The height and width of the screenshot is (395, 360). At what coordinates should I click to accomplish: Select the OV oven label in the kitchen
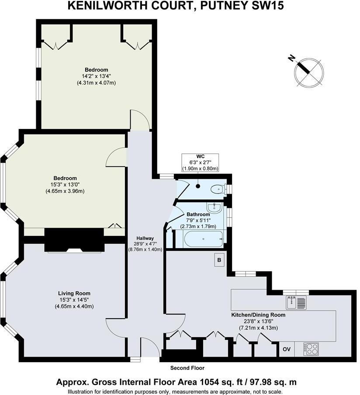[x=287, y=349]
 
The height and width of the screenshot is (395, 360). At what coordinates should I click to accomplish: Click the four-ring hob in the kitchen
[x=312, y=349]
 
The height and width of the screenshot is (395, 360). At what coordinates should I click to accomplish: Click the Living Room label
[x=74, y=293]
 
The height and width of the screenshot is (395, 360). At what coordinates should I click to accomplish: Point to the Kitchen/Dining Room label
[x=258, y=315]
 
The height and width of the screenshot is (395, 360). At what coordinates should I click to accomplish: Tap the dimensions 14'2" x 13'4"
[x=96, y=76]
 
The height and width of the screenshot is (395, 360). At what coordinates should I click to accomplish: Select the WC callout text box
[x=200, y=162]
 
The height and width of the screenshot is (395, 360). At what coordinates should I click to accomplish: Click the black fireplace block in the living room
[x=74, y=240]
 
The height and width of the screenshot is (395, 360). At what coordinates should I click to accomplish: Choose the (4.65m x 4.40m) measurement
[x=74, y=306]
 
